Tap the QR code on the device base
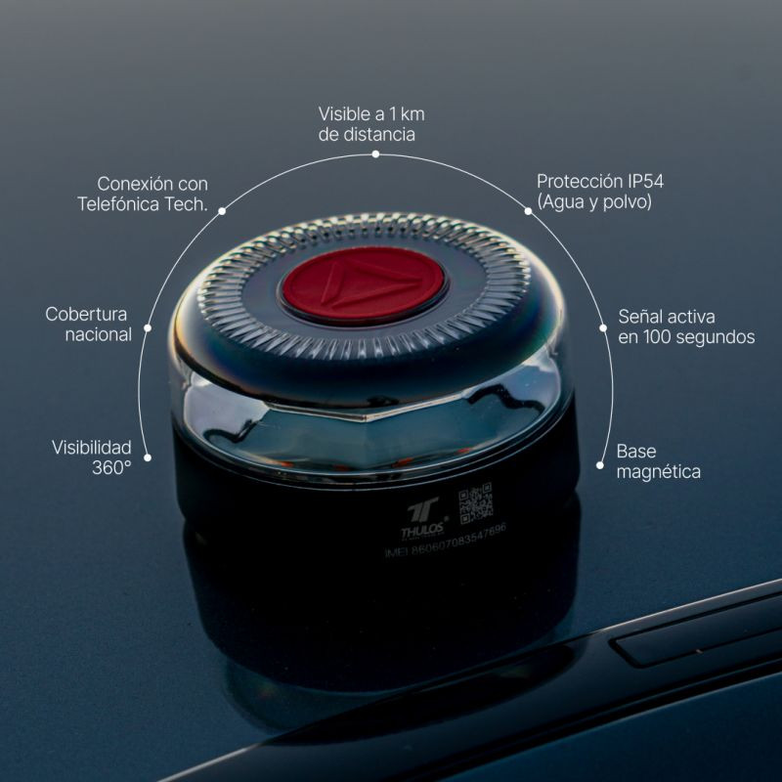coord(476,503)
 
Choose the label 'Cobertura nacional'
coord(89,324)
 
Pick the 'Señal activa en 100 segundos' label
coord(686,326)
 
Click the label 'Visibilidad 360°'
coord(92,456)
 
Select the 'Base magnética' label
coord(658,461)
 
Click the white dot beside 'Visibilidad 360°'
coord(148,456)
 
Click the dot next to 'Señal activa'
coord(603,328)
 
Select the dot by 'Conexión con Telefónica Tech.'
coord(222,210)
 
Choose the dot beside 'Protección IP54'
coord(528,210)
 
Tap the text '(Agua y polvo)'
coord(593,202)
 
